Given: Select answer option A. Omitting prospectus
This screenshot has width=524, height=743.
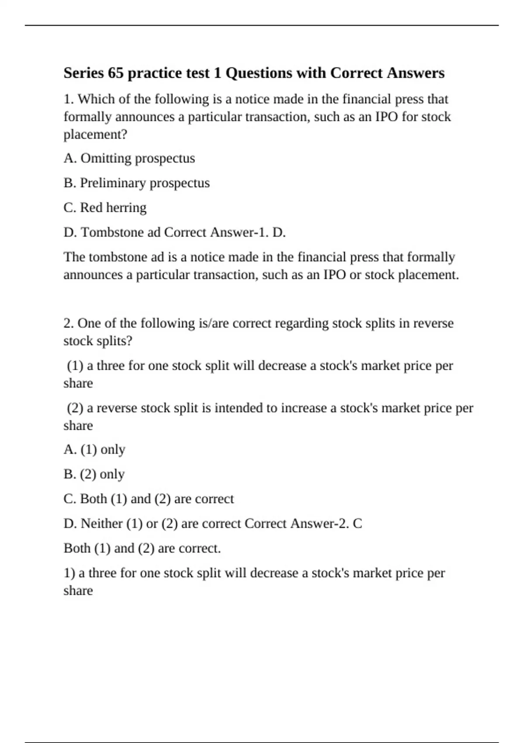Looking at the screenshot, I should tap(129, 158).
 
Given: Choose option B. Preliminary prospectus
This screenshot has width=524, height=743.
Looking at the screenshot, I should tap(136, 183).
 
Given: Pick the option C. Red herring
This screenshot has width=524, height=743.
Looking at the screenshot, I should tap(105, 208).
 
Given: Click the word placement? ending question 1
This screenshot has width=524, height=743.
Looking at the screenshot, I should tap(96, 135).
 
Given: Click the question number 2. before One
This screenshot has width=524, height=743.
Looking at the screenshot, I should tap(69, 323).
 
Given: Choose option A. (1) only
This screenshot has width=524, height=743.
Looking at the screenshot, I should tap(94, 449).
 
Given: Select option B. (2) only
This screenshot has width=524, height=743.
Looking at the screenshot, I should tap(94, 474).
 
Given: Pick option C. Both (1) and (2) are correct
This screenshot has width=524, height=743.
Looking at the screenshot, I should tap(148, 499).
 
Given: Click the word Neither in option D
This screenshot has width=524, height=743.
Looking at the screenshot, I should tap(102, 524).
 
